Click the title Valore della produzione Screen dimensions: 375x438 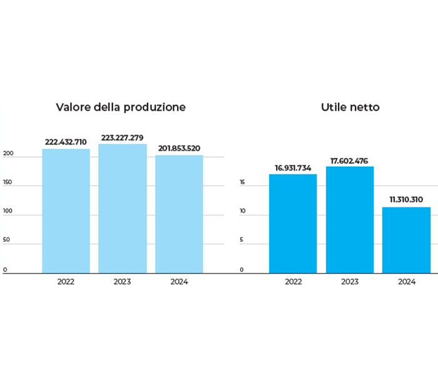tap(121, 107)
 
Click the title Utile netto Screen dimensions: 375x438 tap(350, 107)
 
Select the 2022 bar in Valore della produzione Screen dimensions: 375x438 tap(66, 211)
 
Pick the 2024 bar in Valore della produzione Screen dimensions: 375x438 tap(179, 214)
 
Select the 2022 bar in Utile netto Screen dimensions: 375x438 tap(293, 223)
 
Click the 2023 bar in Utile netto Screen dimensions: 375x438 tap(350, 219)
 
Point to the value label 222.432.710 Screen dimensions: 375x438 tap(66, 142)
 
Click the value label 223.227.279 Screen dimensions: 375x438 tap(123, 137)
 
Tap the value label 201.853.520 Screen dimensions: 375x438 tap(179, 148)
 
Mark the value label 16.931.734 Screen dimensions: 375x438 tap(293, 167)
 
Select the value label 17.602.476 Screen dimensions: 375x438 tap(350, 160)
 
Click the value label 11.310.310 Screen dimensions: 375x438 tap(406, 199)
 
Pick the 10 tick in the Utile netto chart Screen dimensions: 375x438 tap(242, 214)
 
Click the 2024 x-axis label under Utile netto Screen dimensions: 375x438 tap(406, 282)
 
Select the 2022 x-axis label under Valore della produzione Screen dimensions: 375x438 tap(66, 282)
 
